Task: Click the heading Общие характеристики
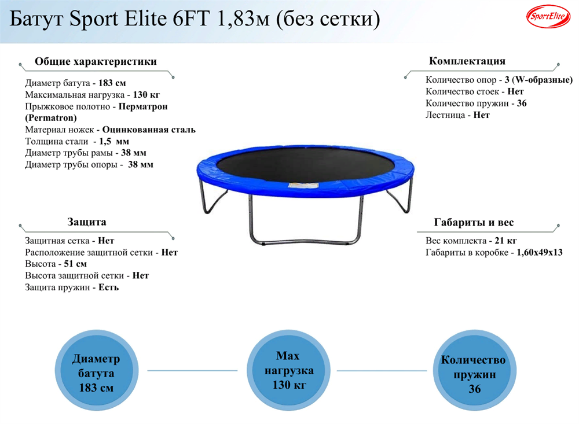tap(96, 62)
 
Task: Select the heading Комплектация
tap(467, 61)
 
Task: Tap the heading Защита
tap(87, 222)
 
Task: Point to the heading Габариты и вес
tap(474, 223)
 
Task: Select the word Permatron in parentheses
tap(51, 118)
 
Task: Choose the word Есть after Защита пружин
tap(108, 287)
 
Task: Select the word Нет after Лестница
tap(481, 115)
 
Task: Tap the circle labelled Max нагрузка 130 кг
tap(288, 371)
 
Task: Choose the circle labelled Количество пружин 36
tap(474, 374)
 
